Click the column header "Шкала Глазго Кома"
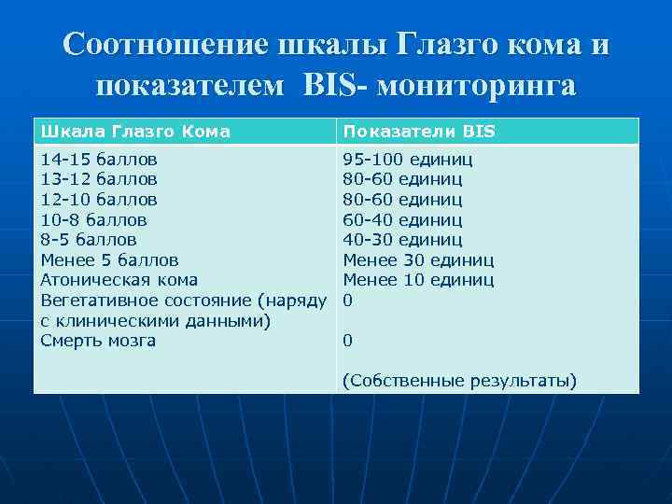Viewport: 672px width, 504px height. tap(135, 132)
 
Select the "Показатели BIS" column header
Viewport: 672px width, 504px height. tap(419, 132)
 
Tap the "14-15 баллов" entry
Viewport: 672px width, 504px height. tap(99, 158)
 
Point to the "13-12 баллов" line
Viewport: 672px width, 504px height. tap(99, 178)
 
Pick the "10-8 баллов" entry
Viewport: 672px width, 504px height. tap(94, 219)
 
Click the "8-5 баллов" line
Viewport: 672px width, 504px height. tap(89, 240)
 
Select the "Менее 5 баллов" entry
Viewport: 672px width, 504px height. tap(110, 260)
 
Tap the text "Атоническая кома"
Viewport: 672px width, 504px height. tap(119, 280)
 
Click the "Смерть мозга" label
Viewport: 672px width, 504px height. tap(98, 341)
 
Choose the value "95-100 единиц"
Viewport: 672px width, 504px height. tap(408, 158)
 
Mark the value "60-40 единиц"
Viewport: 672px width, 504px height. tap(402, 219)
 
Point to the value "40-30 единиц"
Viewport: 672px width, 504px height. tap(402, 240)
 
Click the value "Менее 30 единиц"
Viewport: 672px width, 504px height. tap(418, 260)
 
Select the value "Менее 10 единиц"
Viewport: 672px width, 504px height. tap(418, 280)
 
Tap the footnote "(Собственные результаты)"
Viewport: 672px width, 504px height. tap(459, 381)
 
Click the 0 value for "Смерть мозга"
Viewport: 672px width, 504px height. tap(348, 341)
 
